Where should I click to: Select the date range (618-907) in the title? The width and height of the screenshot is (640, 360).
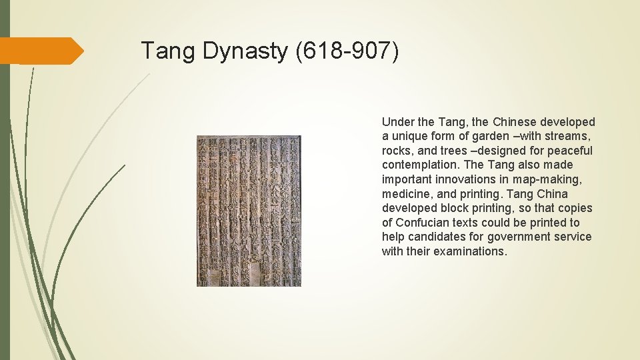[347, 51]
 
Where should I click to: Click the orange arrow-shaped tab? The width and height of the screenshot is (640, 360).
[41, 51]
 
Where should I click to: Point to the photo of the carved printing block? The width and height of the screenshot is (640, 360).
[249, 211]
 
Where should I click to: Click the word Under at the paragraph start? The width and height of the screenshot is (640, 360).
[398, 122]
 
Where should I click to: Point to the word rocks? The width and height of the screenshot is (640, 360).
[397, 151]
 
